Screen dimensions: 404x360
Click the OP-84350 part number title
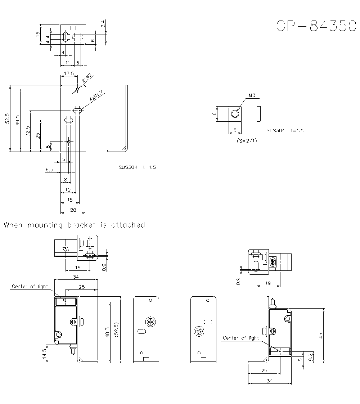point(316,26)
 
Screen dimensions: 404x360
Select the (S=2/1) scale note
point(247,141)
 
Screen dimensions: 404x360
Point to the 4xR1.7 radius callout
point(96,96)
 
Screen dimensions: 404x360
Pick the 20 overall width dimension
point(73,210)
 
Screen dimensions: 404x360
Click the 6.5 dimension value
point(50,169)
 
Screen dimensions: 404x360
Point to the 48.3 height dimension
point(107,332)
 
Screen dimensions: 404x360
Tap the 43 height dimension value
point(320,335)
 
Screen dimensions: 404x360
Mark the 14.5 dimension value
point(44,353)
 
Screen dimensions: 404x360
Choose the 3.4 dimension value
point(103,24)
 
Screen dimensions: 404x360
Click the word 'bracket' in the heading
point(82,225)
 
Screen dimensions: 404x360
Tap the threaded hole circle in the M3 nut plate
point(235,113)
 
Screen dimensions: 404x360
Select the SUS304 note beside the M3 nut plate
point(276,130)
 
